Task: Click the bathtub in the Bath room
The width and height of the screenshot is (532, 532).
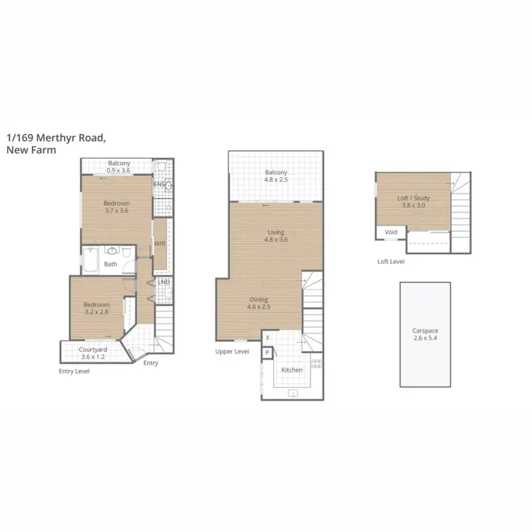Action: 91,260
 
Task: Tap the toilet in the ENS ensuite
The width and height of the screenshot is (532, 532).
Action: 162,167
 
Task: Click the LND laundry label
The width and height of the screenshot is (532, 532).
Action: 163,282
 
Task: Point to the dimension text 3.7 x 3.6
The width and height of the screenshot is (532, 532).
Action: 116,210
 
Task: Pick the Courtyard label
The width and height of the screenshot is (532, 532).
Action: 93,349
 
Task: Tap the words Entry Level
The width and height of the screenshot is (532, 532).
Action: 74,371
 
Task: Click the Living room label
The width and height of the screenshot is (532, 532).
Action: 275,232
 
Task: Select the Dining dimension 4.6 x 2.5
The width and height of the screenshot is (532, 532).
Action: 260,307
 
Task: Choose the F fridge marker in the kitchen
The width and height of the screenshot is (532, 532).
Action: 267,338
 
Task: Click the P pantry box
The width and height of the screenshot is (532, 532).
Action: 267,353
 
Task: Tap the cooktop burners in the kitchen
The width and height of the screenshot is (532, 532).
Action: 316,365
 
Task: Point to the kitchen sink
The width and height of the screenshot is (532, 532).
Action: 292,392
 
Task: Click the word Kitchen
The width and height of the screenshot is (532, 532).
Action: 292,370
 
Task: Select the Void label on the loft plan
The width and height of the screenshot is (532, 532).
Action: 391,232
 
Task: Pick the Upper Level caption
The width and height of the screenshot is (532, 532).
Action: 232,351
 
